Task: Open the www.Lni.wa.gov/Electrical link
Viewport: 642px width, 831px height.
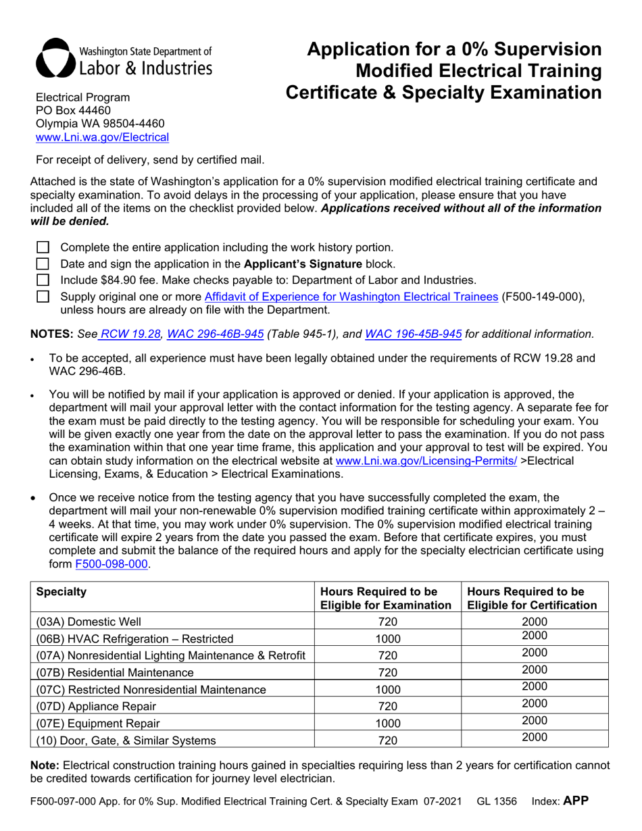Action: click(102, 137)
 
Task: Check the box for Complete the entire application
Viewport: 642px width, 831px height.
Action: click(43, 248)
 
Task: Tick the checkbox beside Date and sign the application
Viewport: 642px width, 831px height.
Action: click(43, 263)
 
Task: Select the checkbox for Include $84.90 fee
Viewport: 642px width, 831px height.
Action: click(43, 280)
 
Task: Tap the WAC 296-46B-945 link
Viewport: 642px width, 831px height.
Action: click(215, 333)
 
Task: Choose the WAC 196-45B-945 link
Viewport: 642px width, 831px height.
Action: click(413, 333)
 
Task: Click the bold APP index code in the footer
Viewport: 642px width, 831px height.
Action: click(576, 801)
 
